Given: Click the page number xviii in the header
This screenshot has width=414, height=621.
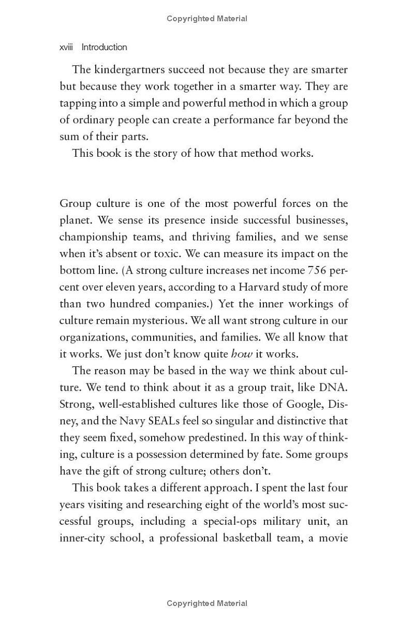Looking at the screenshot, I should click(x=66, y=47).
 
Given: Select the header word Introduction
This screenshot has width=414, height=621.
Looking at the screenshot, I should click(x=104, y=47).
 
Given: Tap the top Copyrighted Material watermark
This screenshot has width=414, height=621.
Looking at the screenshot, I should click(x=207, y=19).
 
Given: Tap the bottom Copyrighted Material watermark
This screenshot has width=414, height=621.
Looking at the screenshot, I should click(x=207, y=603).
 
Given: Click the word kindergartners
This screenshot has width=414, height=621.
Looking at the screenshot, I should click(x=127, y=69).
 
